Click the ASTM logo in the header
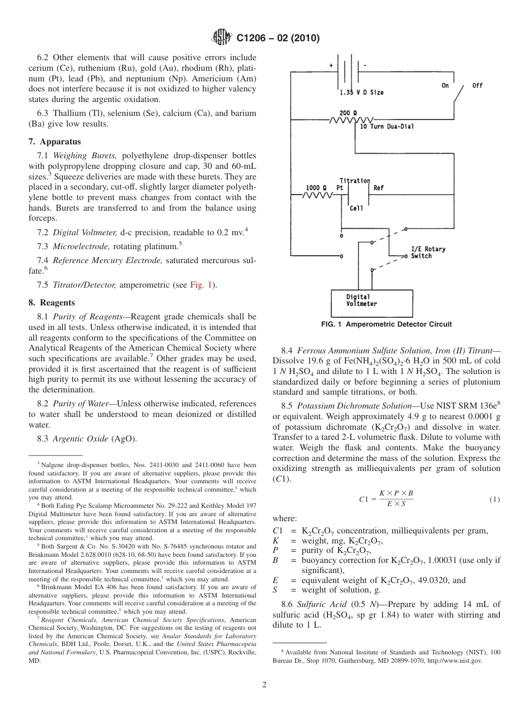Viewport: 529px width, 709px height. pyautogui.click(x=221, y=38)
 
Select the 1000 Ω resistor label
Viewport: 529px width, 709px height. pyautogui.click(x=317, y=187)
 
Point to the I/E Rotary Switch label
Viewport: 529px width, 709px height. pyautogui.click(x=428, y=252)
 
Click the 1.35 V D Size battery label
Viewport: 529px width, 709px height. pyautogui.click(x=361, y=92)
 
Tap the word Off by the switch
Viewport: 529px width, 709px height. pyautogui.click(x=477, y=85)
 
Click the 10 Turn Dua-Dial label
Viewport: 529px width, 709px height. pyautogui.click(x=387, y=127)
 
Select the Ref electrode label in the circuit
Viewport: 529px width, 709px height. pyautogui.click(x=379, y=188)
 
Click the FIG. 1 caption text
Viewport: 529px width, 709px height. pyautogui.click(x=386, y=324)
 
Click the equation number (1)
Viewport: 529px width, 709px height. pyautogui.click(x=494, y=499)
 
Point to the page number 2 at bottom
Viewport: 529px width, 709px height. pyautogui.click(x=264, y=685)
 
